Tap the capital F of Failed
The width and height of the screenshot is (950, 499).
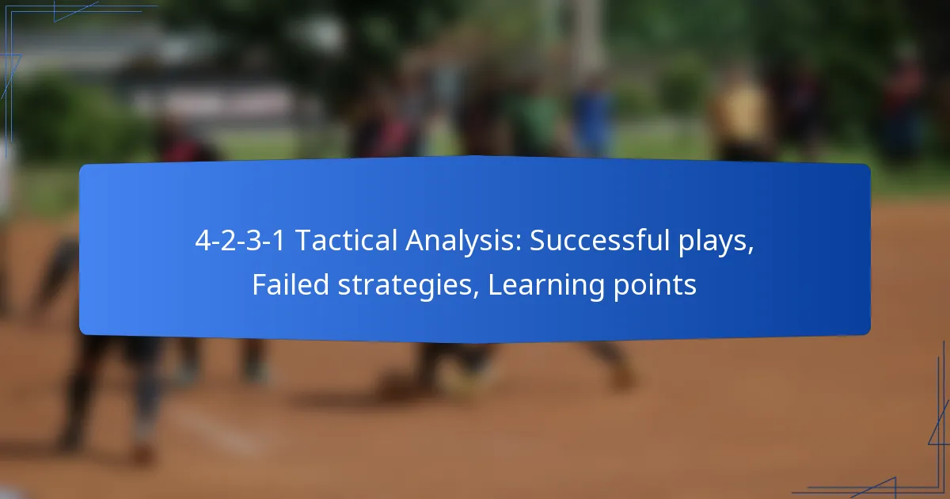click(x=258, y=285)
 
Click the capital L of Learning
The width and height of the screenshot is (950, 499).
click(x=493, y=285)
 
